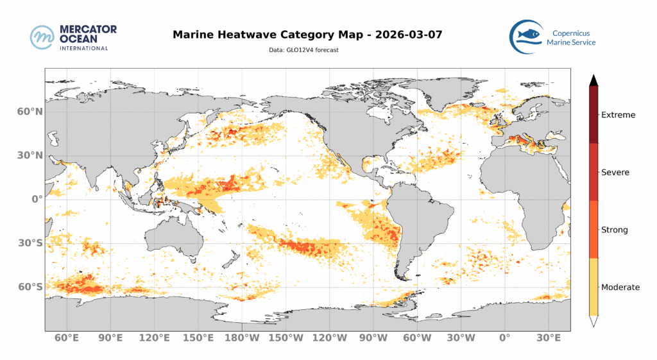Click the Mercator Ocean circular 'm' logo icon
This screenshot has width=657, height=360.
coord(42,37)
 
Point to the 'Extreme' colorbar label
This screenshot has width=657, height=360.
coord(618,115)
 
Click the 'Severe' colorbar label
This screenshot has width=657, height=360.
coord(615,172)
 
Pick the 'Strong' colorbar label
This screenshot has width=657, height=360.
coord(614,230)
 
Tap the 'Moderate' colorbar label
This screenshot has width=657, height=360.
coord(620,287)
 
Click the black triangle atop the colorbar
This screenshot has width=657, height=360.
coord(593,80)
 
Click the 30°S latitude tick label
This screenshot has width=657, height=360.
coord(30,243)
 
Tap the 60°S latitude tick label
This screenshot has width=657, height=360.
coord(30,287)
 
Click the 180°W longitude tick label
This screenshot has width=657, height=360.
coord(241,338)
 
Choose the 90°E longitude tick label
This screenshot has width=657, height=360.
coord(110,338)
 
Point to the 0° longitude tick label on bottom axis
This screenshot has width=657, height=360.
coord(504,338)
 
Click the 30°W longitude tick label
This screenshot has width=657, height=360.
coord(461,338)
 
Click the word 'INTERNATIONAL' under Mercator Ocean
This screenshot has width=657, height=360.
coord(79,47)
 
